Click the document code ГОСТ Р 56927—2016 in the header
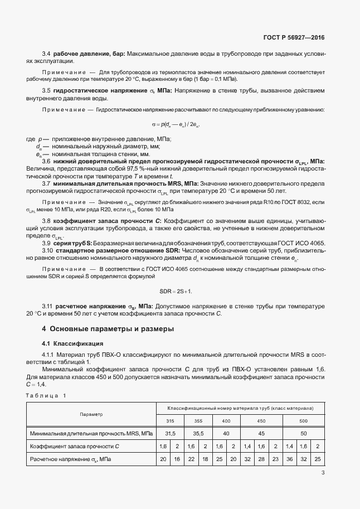point(293,38)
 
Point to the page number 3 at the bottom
point(323,473)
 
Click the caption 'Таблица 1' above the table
point(46,395)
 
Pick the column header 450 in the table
point(261,421)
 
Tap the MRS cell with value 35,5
point(200,433)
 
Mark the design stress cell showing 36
point(289,459)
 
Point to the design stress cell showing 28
point(261,459)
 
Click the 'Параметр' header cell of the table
point(91,414)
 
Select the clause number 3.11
point(47,306)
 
